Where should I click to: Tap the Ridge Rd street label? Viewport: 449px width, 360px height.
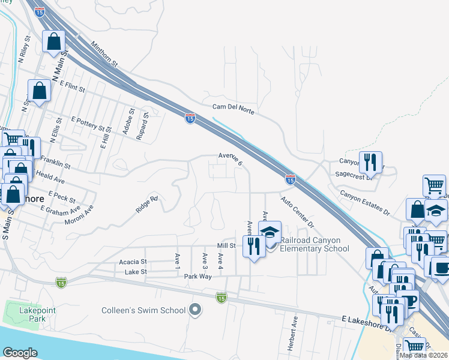pos(146,205)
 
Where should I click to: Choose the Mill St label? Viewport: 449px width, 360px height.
pos(226,245)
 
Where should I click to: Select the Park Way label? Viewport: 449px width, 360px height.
pos(198,277)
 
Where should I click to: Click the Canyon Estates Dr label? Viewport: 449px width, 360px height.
pos(365,203)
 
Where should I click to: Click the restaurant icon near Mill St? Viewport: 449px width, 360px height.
pos(255,245)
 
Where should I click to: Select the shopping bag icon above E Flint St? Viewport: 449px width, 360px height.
pos(40,91)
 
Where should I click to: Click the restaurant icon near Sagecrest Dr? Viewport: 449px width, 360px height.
pos(369,161)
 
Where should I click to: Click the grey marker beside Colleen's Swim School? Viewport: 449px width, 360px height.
pos(194,310)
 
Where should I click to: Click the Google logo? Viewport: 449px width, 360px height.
pos(20,353)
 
